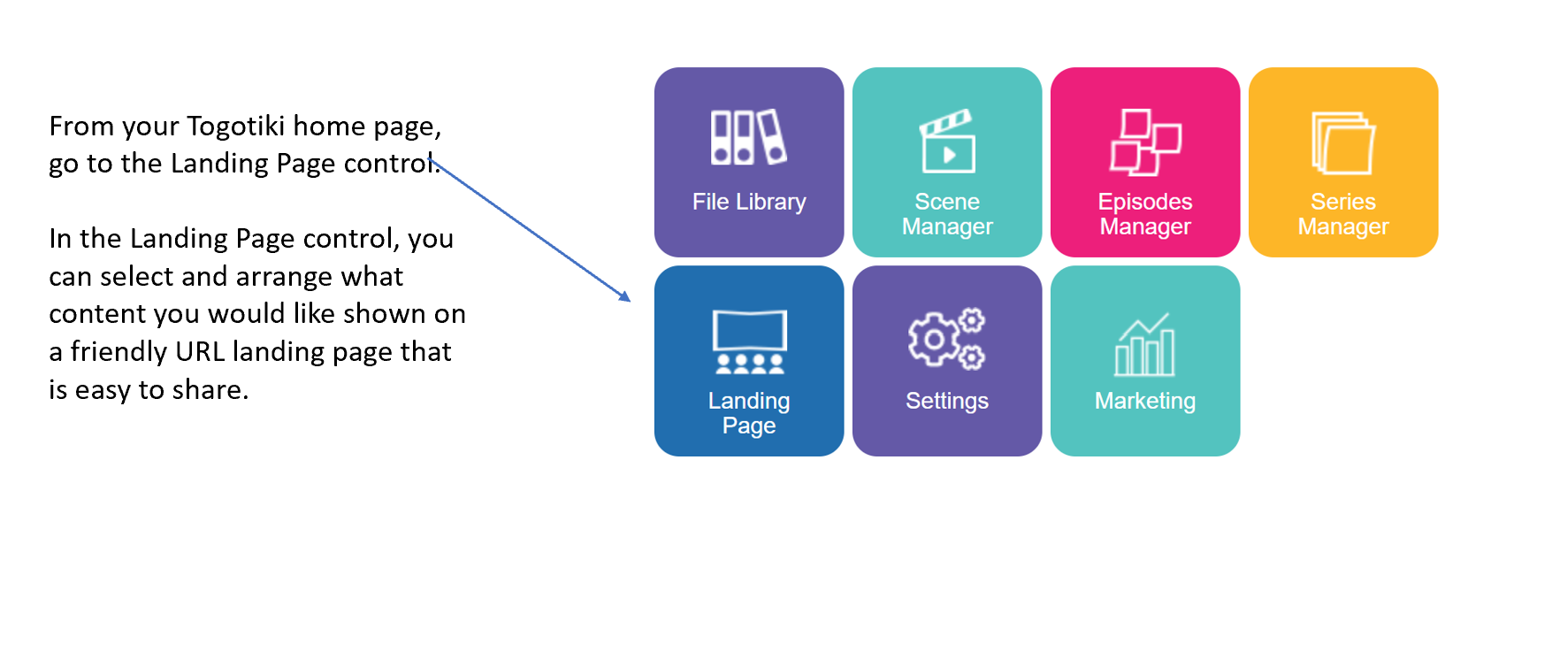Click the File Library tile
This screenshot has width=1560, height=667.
[748, 163]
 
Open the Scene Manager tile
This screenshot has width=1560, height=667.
[946, 163]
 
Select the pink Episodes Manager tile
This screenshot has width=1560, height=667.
[1144, 163]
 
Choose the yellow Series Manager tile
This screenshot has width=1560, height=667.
[1342, 163]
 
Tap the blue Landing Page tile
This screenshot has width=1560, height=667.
[748, 361]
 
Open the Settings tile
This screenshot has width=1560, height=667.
[946, 361]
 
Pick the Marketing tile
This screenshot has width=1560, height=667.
[1144, 361]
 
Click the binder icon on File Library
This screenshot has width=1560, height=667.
[748, 137]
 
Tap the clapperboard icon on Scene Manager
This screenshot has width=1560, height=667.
[947, 141]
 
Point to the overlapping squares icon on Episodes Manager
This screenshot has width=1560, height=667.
[1145, 142]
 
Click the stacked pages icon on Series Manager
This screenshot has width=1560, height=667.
[1342, 142]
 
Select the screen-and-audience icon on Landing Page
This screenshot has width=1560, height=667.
[749, 341]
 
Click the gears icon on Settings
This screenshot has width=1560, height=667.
[946, 338]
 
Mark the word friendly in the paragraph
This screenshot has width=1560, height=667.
[119, 352]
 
